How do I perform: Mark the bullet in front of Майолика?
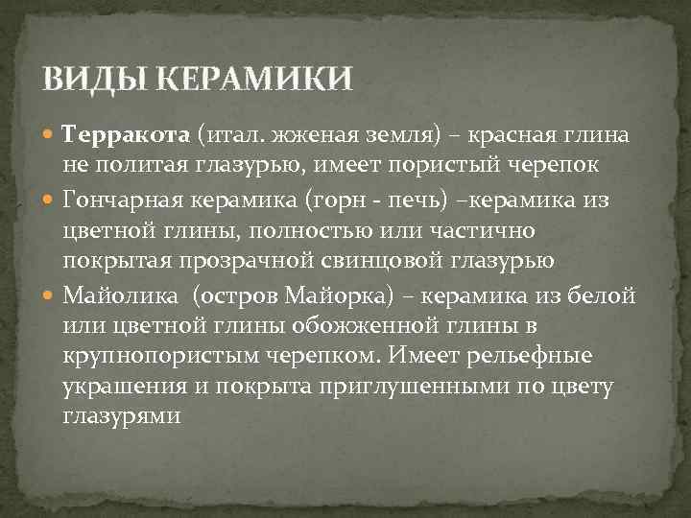51,294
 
